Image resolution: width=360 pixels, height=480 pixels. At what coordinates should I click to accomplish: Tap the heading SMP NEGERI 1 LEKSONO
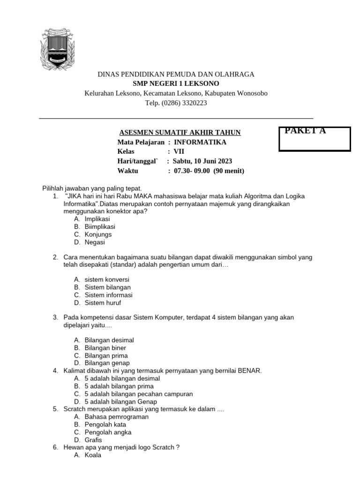[176, 83]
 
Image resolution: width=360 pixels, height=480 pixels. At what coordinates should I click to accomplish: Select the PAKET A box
[315, 139]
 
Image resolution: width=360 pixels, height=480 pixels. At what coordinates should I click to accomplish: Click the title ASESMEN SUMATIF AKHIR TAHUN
[179, 133]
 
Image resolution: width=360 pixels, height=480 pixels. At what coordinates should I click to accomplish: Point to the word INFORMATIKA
[200, 142]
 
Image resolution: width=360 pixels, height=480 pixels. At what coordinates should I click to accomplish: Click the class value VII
[180, 151]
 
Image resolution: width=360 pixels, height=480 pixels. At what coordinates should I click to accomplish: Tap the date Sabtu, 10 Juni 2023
[202, 161]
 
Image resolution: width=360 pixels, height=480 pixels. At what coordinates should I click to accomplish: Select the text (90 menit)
[229, 171]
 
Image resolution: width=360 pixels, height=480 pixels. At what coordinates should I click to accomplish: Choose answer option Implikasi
[97, 219]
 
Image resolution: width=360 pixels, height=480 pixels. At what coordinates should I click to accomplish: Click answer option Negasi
[95, 242]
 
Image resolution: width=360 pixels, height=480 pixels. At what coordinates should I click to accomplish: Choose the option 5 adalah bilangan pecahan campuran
[139, 394]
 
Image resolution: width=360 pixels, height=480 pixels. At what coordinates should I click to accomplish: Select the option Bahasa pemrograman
[116, 416]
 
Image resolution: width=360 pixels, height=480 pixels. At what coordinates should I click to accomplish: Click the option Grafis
[93, 440]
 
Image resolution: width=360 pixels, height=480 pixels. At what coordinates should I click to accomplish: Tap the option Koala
[93, 455]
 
